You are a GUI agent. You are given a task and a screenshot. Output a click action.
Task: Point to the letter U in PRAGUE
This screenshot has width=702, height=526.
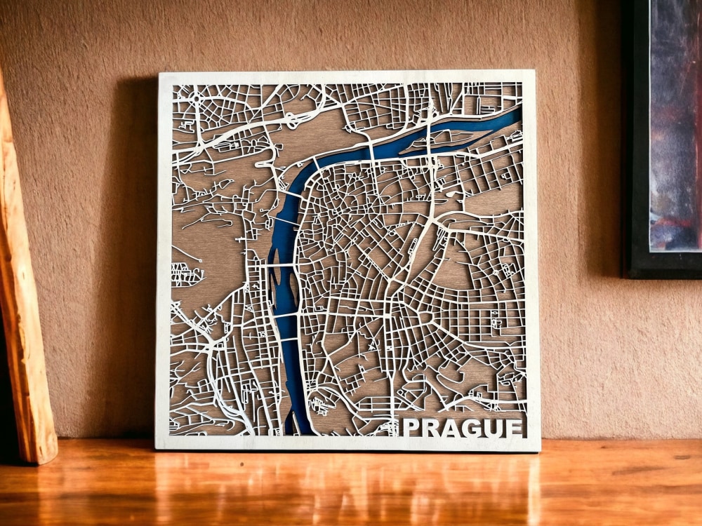coord(492,428)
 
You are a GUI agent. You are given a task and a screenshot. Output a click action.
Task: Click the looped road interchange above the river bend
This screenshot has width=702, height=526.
coord(291,121)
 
